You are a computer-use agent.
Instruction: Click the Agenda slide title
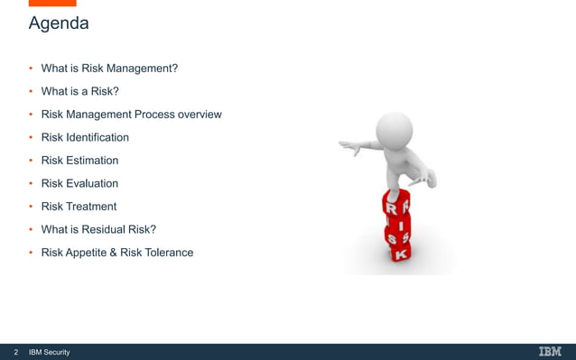pos(59,23)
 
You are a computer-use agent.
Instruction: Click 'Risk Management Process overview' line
pos(131,115)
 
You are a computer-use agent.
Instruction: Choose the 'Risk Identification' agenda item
pos(85,137)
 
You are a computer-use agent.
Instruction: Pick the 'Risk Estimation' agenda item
pos(79,161)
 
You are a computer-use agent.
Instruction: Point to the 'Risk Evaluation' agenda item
pos(79,183)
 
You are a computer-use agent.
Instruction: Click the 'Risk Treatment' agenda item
pos(79,207)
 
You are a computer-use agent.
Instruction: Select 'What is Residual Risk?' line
pos(99,229)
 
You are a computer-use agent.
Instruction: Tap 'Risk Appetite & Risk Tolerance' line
pos(117,253)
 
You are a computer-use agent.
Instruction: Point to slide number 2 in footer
pos(15,352)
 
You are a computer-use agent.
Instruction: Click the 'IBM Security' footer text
pos(50,352)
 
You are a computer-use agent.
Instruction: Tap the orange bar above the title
pos(52,3)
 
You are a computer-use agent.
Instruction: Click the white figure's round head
pos(395,127)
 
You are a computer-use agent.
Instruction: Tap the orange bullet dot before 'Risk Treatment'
pos(31,207)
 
